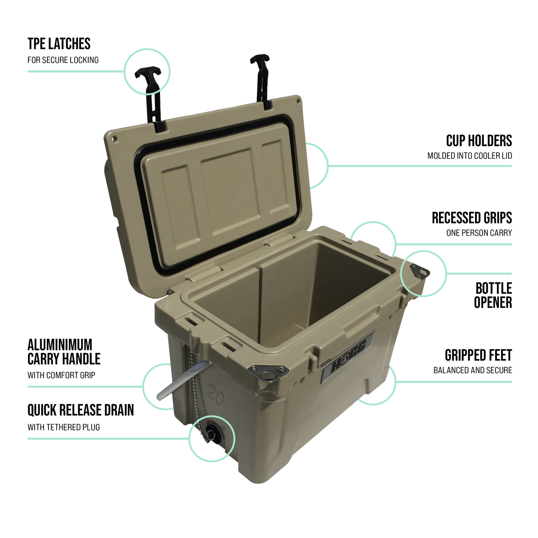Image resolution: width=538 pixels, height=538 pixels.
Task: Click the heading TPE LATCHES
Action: click(x=59, y=44)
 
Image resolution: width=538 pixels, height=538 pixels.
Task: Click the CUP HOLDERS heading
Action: click(x=479, y=141)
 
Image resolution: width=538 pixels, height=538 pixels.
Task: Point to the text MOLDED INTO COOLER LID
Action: click(x=469, y=156)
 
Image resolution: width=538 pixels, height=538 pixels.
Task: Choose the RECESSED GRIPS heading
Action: click(x=472, y=218)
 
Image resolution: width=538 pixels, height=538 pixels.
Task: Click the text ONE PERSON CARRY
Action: click(x=479, y=233)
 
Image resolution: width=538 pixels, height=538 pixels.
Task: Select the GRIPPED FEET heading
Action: click(x=478, y=356)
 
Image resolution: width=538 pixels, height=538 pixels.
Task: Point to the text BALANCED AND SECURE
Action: click(x=472, y=370)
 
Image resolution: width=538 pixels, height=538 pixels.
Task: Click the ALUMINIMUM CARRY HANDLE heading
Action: click(x=64, y=352)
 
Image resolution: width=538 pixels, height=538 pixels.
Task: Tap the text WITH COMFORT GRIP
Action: click(x=61, y=375)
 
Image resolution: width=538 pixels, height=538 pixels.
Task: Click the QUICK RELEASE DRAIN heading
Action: click(x=80, y=410)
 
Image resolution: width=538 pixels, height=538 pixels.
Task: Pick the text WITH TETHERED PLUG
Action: click(x=64, y=427)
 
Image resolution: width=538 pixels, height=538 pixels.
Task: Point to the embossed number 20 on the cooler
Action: click(x=216, y=396)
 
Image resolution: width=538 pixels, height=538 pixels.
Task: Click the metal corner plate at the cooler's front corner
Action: click(x=268, y=373)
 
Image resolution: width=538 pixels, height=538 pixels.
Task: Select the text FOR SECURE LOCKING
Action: click(x=63, y=60)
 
